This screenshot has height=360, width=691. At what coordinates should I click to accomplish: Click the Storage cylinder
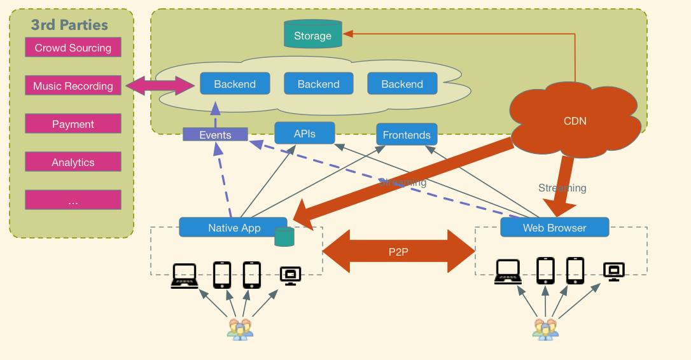312,34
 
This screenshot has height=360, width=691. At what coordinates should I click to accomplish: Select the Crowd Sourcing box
73,48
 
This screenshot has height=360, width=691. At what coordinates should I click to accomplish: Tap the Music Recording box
73,86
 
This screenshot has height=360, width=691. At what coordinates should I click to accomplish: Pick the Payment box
73,124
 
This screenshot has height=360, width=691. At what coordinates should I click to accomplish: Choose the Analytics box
73,162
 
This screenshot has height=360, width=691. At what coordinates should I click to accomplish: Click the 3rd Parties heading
69,25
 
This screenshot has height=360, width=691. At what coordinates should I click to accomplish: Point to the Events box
215,135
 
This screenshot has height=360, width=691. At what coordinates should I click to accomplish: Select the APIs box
305,134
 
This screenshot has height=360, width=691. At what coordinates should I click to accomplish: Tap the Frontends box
407,135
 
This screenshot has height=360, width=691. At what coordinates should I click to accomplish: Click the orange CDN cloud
575,120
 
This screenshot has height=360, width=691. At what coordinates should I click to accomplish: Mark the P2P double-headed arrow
399,252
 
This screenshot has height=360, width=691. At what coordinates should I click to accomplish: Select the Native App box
234,228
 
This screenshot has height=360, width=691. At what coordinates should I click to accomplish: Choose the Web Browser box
554,227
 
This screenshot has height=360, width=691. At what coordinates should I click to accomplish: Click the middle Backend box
318,84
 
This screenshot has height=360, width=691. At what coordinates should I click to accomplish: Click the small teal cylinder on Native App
284,237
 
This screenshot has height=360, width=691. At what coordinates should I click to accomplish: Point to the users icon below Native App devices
240,329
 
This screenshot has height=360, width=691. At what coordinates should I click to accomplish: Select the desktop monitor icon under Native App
290,275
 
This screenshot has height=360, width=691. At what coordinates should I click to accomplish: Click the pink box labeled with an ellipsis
73,200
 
